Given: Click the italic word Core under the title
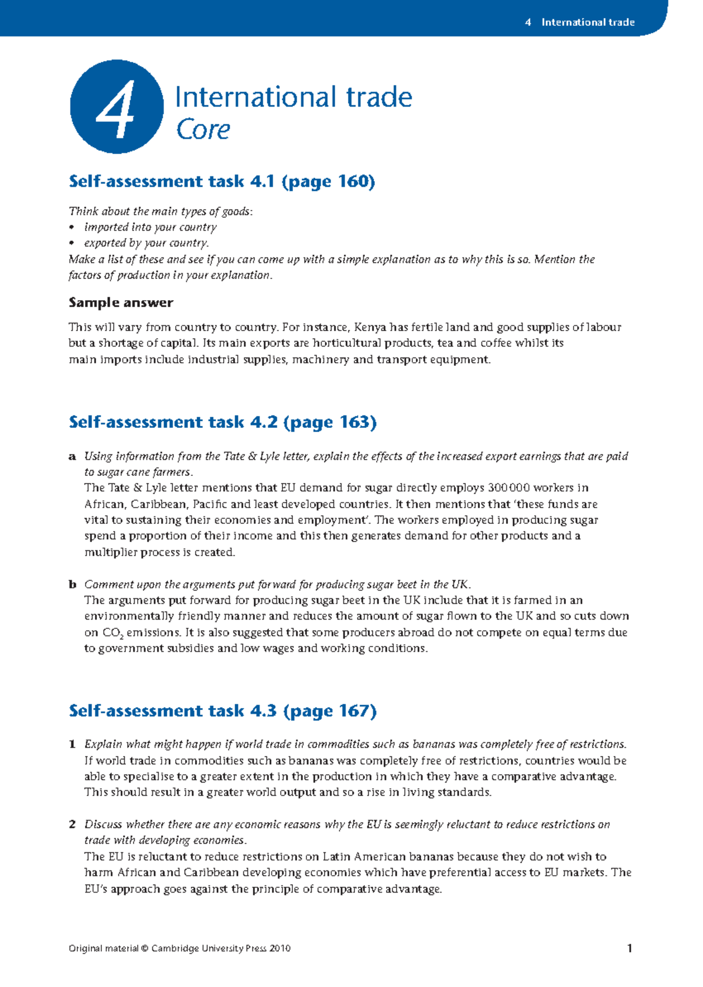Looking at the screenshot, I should pos(203,130).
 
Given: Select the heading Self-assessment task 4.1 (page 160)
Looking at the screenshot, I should pos(221,181).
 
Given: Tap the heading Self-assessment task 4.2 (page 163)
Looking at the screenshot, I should pos(223,422).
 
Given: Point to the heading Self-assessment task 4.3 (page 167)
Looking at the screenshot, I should pos(223,711).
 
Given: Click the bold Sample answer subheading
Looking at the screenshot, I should pos(121,303).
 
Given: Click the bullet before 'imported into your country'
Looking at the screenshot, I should pos(72,227).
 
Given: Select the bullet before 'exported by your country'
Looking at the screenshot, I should pos(72,243).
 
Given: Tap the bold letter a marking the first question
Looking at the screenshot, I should pos(72,457).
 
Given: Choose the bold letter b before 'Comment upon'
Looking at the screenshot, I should pos(72,584).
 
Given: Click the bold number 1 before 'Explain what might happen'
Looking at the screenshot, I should pos(72,744).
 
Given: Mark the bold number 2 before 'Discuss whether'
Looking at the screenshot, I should pos(72,825).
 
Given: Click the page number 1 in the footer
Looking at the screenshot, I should pos(629,948).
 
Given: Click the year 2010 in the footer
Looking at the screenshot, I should pos(280,949).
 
